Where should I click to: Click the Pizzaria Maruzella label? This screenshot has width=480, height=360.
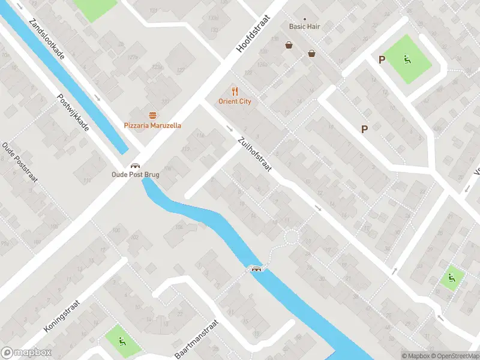[x=152, y=125]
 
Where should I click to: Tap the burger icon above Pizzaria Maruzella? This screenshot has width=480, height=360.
[x=152, y=115]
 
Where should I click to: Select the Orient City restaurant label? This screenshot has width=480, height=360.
[x=235, y=101]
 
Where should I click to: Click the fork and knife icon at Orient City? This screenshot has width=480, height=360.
[x=235, y=91]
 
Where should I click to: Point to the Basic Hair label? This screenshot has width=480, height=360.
[x=305, y=26]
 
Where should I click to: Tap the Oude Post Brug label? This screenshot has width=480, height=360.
[x=136, y=175]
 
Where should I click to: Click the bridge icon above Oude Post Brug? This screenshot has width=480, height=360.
[x=136, y=166]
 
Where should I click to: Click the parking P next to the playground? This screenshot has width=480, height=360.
[x=381, y=59]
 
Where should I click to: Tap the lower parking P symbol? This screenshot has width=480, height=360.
[x=364, y=128]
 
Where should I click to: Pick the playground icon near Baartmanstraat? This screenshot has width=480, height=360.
[x=122, y=342]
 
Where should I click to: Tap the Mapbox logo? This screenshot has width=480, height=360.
[x=26, y=353]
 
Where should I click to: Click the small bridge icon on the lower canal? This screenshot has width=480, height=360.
[x=257, y=268]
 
